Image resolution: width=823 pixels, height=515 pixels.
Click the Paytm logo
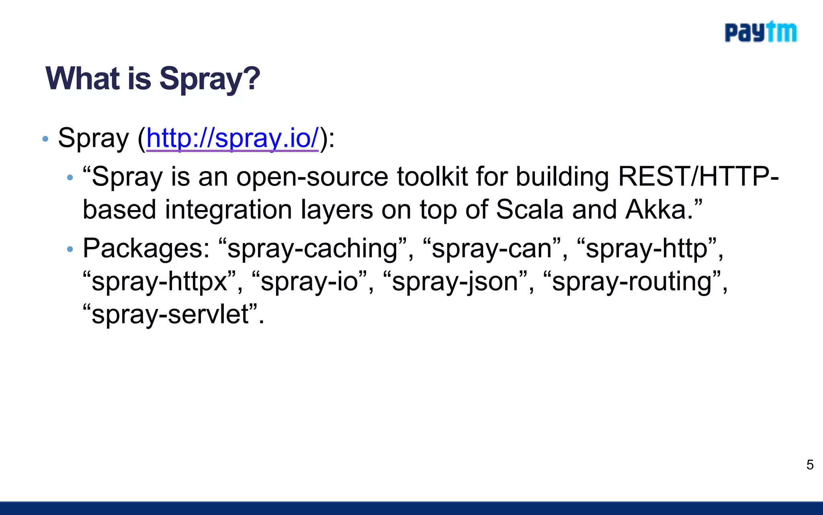pos(760,32)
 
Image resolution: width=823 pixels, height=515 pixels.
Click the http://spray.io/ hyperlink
pos(233,138)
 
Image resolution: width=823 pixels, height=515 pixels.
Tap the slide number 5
pos(810,465)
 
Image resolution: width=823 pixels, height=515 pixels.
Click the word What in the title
pos(83,78)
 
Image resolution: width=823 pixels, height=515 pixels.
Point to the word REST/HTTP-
pos(698,177)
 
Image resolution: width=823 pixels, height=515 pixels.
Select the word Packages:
pos(146,249)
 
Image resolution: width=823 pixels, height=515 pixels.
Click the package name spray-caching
pos(313,249)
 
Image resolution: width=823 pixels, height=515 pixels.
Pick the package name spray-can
pos(492,249)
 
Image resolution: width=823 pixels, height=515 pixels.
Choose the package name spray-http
pos(646,249)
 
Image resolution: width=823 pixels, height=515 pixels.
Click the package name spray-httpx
pos(159,282)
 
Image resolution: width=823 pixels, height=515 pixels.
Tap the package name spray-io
pos(309,282)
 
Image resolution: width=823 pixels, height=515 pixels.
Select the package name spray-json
pos(454,282)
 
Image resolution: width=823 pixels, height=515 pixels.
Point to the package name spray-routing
pos(632,282)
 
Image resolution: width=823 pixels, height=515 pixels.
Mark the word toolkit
pos(432,177)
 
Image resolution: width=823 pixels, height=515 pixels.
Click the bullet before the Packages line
pos(70,249)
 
